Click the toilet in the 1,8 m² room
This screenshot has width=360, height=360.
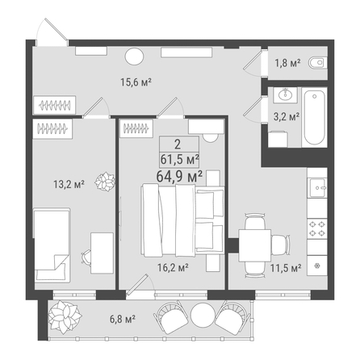[x=318, y=63]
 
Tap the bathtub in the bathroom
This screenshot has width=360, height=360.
[x=314, y=117]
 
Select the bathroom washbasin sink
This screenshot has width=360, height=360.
[x=285, y=94]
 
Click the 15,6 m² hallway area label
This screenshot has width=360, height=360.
[x=136, y=82]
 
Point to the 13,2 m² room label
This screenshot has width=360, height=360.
[x=69, y=185]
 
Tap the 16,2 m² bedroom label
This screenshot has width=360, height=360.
[x=173, y=267]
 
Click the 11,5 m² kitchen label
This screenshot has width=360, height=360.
[x=286, y=268]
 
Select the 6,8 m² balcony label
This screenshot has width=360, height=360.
[x=123, y=319]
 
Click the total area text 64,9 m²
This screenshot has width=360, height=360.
[x=179, y=176]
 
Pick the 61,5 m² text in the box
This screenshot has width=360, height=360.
[x=179, y=159]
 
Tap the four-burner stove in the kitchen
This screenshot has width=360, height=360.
[x=317, y=228]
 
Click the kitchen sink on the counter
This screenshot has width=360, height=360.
[x=318, y=188]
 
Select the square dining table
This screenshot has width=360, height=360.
[x=255, y=245]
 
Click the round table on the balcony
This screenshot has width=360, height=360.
[x=203, y=316]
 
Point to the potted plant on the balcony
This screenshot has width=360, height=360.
[x=65, y=318]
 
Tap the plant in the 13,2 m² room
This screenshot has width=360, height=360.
[x=105, y=182]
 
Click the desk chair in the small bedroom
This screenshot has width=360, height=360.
[x=86, y=256]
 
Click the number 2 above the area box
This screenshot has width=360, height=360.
[x=178, y=144]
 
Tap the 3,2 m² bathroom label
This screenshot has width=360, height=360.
[x=287, y=117]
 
